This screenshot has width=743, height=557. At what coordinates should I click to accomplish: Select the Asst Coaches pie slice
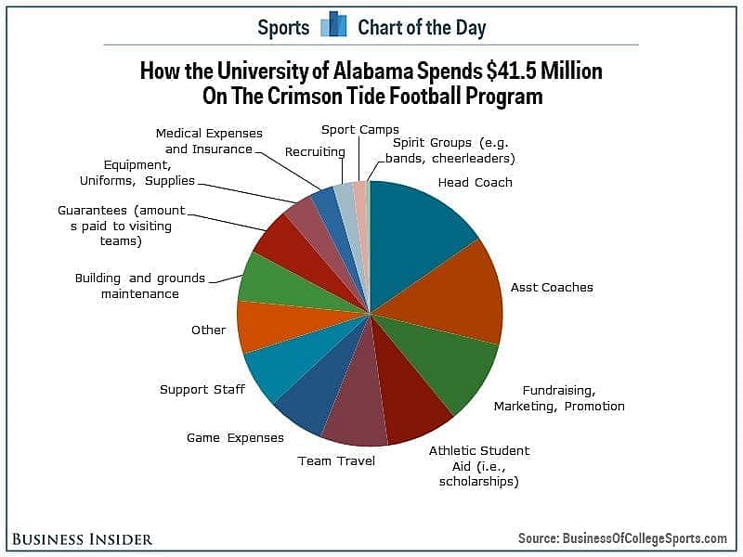(x=450, y=293)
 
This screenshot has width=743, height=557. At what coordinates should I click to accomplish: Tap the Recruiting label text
(x=315, y=152)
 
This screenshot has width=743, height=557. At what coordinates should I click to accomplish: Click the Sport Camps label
(x=360, y=130)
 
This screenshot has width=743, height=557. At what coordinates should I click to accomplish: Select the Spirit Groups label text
(x=450, y=150)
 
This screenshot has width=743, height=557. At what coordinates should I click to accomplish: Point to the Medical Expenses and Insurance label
(x=209, y=141)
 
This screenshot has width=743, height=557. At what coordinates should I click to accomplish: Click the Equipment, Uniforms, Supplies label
(x=137, y=173)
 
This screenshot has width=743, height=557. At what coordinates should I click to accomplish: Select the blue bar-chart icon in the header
(x=333, y=24)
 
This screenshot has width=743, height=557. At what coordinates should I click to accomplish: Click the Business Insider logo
(x=83, y=539)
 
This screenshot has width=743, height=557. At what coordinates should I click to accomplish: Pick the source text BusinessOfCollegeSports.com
(x=645, y=538)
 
